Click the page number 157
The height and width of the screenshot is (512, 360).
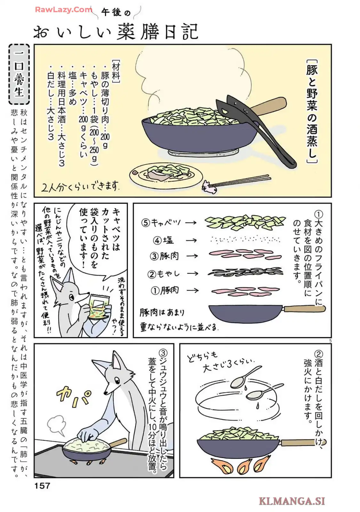42,485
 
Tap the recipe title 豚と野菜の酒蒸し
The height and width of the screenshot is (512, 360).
312,112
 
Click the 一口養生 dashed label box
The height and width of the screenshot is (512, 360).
19,74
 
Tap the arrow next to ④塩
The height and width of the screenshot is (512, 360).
192,240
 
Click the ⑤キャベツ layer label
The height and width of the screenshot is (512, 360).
161,222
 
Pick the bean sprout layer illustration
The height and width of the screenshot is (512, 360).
245,272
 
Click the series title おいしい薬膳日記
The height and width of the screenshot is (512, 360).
116,31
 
